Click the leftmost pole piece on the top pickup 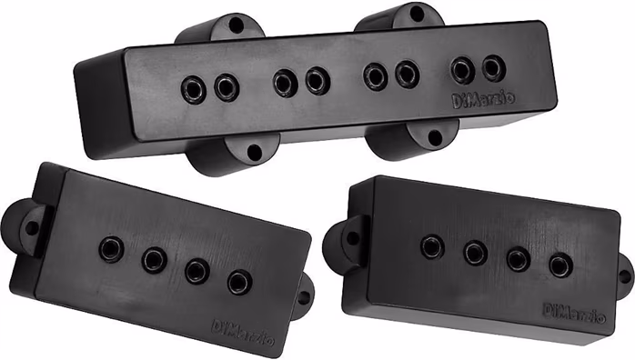[x=195, y=87]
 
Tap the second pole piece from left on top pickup [x=226, y=87]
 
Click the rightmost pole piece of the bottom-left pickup [x=240, y=282]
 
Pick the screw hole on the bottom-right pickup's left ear [x=352, y=236]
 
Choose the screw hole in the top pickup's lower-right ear [x=436, y=136]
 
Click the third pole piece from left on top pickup [x=285, y=82]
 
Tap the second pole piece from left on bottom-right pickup [x=475, y=252]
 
